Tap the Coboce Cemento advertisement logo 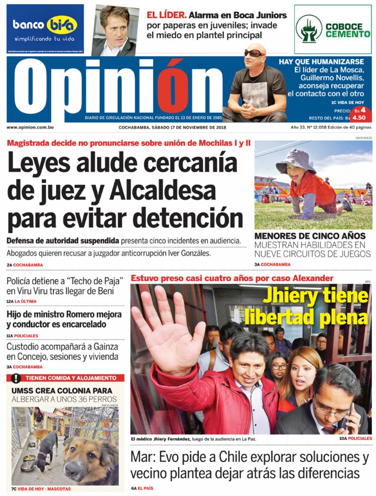coord(333,30)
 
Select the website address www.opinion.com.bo coord(30,127)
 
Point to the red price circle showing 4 coord(362,110)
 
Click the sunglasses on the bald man coord(254,53)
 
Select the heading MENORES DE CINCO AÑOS coord(310,236)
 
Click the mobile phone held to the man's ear coord(347,417)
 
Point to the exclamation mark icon coord(16,378)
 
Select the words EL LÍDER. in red coord(167,15)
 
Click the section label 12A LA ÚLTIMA coord(22,301)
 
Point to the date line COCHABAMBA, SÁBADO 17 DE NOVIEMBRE coord(172,127)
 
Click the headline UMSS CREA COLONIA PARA coord(62,391)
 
